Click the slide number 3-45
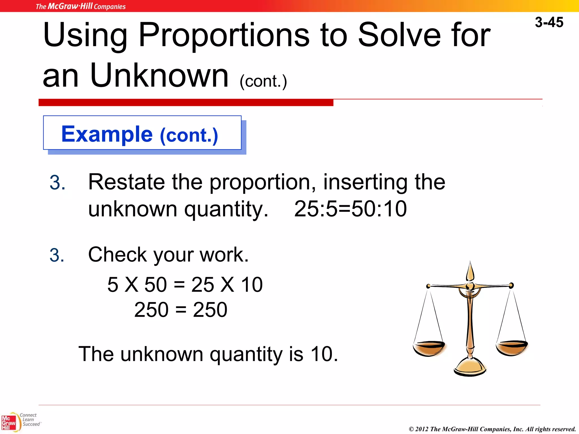click(x=549, y=22)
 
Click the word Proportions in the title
click(x=224, y=35)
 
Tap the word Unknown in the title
click(x=159, y=75)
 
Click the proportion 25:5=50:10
click(x=350, y=209)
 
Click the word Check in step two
click(x=117, y=255)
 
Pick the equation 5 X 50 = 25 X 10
click(x=185, y=285)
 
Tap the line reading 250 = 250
click(x=181, y=310)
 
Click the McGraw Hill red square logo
click(x=8, y=423)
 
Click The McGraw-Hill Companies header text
click(x=81, y=6)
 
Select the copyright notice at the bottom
click(x=492, y=429)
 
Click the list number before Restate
click(x=57, y=183)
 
